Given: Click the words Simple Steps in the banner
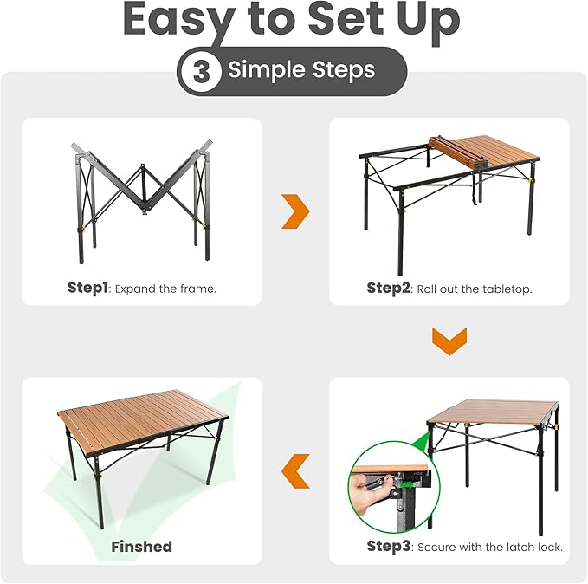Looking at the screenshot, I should pyautogui.click(x=300, y=71).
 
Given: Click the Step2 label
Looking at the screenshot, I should pyautogui.click(x=388, y=288).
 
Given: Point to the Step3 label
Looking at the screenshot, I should pyautogui.click(x=389, y=546).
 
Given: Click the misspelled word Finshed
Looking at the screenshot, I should pyautogui.click(x=141, y=547).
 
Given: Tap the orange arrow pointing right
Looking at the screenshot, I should pyautogui.click(x=295, y=212).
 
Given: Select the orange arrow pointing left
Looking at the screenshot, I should pyautogui.click(x=295, y=470).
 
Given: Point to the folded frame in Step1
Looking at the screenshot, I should pyautogui.click(x=141, y=195).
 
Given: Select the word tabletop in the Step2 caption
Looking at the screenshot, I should pyautogui.click(x=503, y=288).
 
